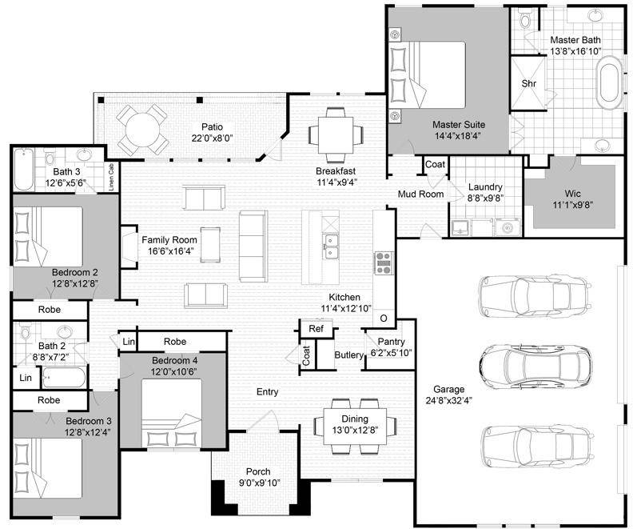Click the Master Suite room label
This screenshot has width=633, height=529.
point(459,125)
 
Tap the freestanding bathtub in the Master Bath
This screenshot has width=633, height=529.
point(609,82)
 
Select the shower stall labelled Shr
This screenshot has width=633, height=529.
point(528,83)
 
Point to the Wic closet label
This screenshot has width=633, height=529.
point(572,194)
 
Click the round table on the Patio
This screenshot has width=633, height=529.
point(142,130)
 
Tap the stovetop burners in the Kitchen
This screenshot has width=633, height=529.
point(383,263)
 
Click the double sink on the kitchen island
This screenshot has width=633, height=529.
point(331,246)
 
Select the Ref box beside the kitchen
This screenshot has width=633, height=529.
point(316,328)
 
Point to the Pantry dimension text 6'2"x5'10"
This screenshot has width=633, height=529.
point(391,353)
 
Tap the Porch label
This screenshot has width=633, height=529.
point(258,471)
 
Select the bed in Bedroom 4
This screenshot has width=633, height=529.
point(172,413)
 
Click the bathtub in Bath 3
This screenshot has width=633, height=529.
point(23,170)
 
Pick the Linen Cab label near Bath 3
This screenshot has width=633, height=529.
point(111,177)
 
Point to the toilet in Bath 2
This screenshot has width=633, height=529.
point(26,331)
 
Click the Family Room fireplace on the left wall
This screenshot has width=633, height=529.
point(129,247)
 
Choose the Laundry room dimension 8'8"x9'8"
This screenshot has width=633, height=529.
point(485,198)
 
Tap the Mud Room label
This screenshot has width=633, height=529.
point(420,194)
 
